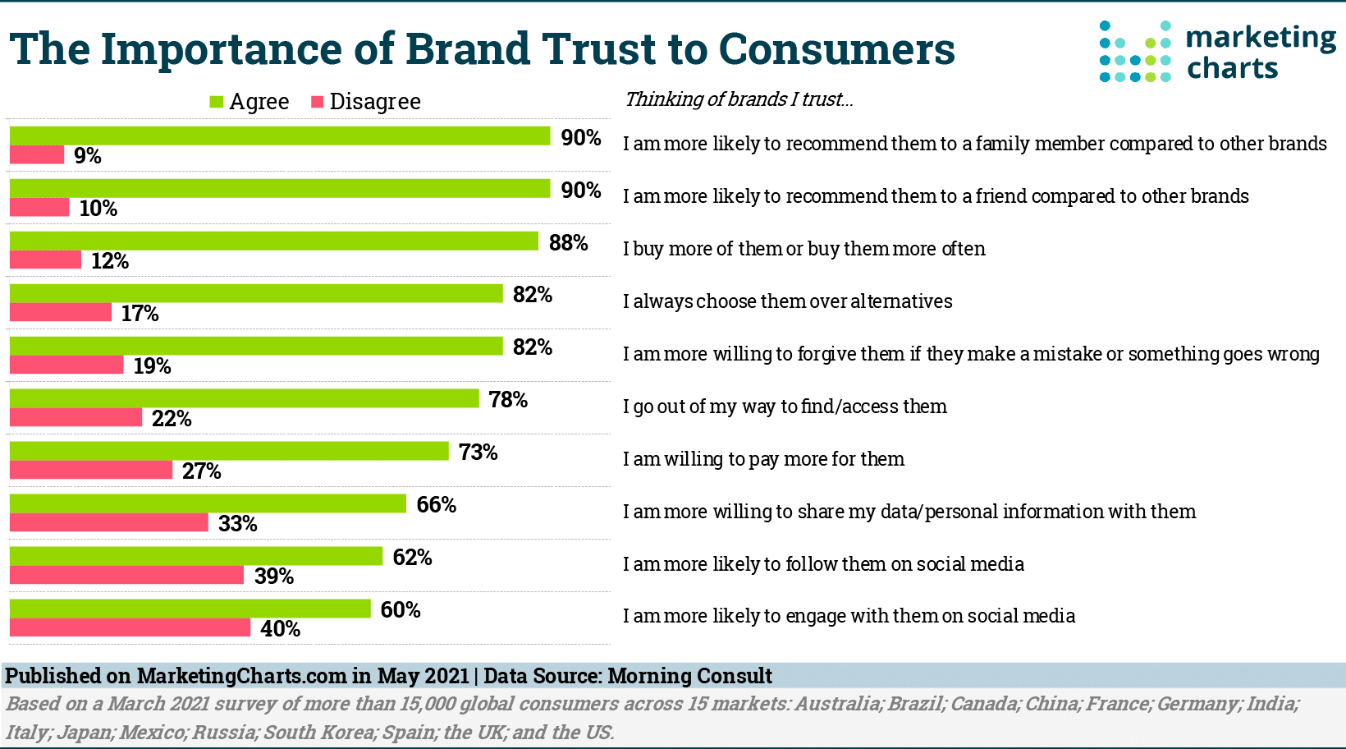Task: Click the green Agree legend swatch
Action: pos(217,102)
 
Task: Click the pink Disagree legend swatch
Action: pos(318,102)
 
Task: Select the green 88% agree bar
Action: pos(273,241)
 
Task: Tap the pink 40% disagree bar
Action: pos(130,627)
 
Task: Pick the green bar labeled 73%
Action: pos(229,451)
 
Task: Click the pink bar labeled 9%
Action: pos(37,154)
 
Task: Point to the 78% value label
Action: pos(508,400)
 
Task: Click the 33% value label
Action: pos(238,524)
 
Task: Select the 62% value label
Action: pos(412,558)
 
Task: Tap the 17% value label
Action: pos(140,314)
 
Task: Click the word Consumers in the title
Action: pos(836,49)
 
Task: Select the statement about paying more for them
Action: pos(763,459)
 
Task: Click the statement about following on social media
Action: pos(823,564)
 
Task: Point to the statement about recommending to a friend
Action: pos(936,196)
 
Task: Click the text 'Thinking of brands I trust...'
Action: pos(739,99)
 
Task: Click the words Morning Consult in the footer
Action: pos(689,676)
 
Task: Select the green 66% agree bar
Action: pos(208,503)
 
